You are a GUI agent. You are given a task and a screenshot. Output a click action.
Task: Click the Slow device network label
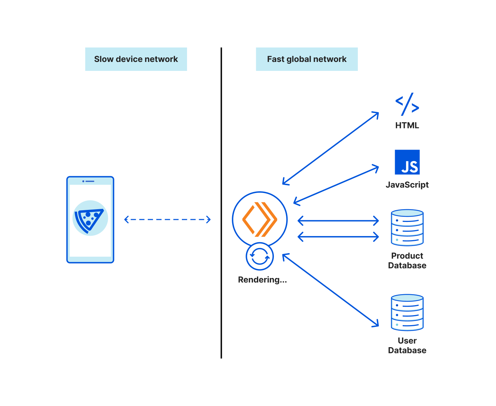[x=136, y=59]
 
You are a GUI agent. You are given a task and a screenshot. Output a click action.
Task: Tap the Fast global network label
[x=307, y=59]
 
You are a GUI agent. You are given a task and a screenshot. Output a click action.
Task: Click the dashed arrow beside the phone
[x=167, y=220]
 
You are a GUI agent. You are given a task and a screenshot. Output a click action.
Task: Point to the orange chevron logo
[x=260, y=220]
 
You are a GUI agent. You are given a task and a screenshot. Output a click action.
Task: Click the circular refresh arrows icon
[x=260, y=257]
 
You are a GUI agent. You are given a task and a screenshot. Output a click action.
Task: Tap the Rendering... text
[x=262, y=280]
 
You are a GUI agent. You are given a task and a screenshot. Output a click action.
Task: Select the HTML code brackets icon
[x=407, y=104]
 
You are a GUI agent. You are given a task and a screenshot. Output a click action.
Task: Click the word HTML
[x=407, y=126]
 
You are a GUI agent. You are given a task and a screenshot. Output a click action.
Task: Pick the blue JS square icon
[x=407, y=162]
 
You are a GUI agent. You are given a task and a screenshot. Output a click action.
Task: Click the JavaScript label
[x=407, y=185]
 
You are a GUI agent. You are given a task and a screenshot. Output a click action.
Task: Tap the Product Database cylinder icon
[x=407, y=227]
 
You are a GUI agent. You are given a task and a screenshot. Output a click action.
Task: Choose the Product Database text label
[x=407, y=260]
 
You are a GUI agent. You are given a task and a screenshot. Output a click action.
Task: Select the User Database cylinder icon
[x=407, y=312]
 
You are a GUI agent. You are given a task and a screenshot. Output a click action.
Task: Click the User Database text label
[x=407, y=345]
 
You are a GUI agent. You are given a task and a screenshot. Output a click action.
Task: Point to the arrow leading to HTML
[x=331, y=148]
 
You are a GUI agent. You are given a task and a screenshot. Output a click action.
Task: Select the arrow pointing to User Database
[x=331, y=290]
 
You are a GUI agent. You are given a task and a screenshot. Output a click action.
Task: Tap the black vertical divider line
[x=221, y=203]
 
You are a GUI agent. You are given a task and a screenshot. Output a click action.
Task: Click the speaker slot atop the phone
[x=90, y=181]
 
